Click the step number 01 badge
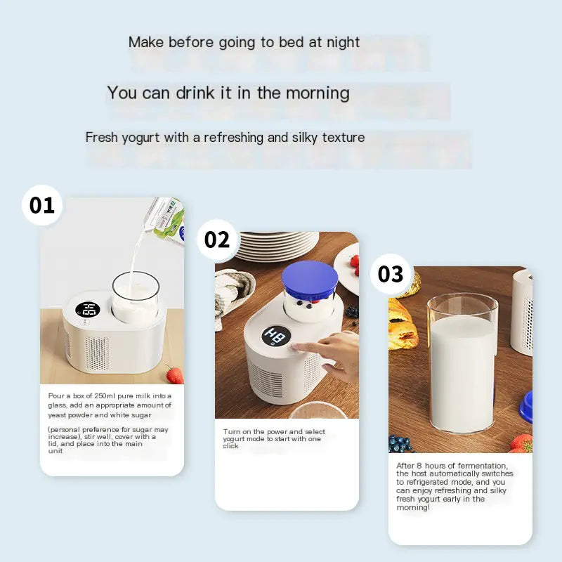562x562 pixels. tap(42, 205)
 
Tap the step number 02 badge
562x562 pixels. tap(217, 240)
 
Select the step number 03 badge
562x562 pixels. tap(391, 274)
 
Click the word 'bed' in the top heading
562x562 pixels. tap(292, 42)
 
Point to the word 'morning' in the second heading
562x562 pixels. tap(318, 94)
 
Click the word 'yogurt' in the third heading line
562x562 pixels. tap(140, 138)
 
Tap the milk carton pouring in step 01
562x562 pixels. tap(166, 220)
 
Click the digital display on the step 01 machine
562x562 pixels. tap(87, 309)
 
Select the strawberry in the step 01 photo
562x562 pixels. tap(175, 375)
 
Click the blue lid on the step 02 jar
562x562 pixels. tap(310, 279)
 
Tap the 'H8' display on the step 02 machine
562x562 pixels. tap(275, 336)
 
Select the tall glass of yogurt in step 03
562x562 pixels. tap(462, 364)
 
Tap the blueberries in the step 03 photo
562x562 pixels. tap(399, 445)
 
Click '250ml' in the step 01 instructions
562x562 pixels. tap(104, 396)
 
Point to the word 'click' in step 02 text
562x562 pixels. tap(230, 446)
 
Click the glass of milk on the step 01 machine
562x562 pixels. tap(136, 296)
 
